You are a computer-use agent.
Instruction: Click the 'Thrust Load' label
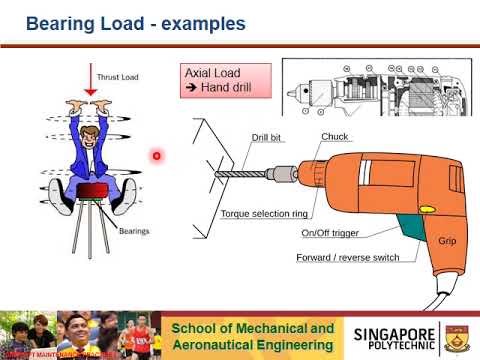click(x=118, y=76)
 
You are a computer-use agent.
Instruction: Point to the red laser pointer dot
click(x=157, y=155)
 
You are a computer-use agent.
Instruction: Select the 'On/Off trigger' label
click(x=329, y=234)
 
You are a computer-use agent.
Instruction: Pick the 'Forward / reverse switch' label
click(x=347, y=257)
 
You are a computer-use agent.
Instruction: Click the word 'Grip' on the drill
click(x=447, y=241)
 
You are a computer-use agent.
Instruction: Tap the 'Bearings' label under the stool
click(x=133, y=231)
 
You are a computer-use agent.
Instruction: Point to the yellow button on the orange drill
click(x=426, y=210)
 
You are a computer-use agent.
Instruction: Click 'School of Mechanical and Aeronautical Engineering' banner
click(x=252, y=336)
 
